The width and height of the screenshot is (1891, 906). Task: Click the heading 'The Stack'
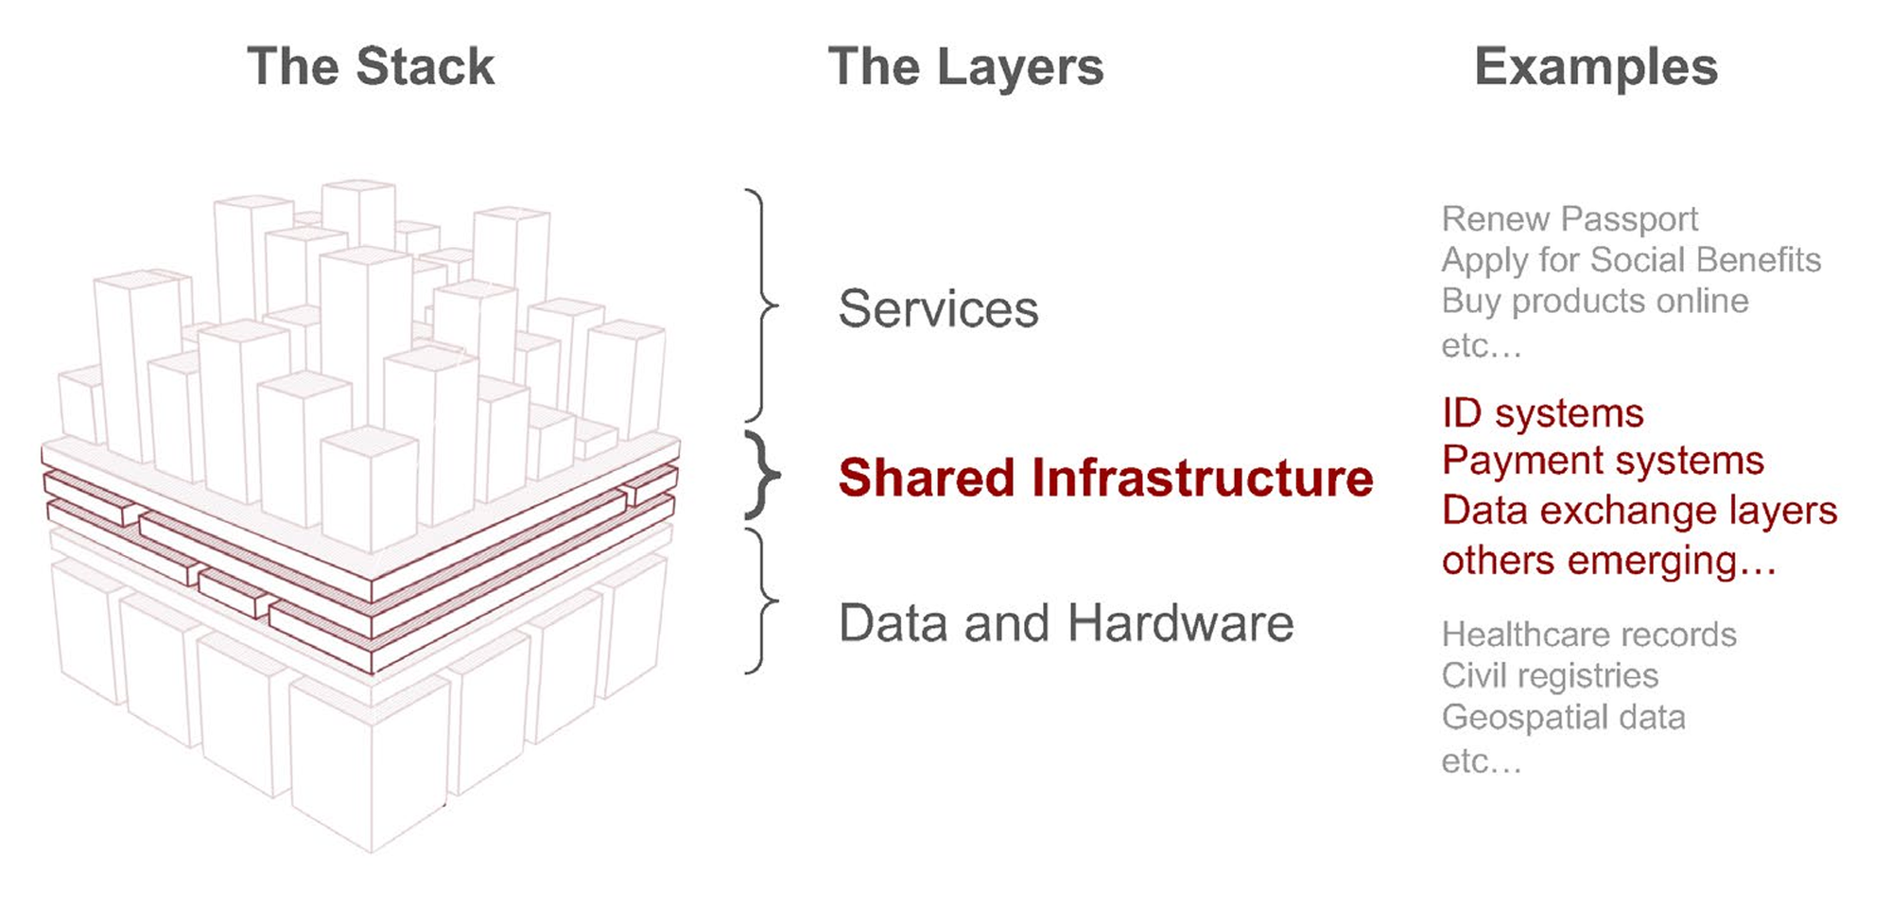[371, 67]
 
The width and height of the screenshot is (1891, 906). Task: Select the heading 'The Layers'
[965, 67]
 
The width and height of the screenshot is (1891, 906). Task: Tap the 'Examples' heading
[1596, 67]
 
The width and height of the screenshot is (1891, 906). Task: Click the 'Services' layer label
[938, 308]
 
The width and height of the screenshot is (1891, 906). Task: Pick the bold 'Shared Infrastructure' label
[1105, 478]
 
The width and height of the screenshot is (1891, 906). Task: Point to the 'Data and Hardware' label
[1066, 623]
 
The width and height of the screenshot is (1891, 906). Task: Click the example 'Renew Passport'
[1570, 219]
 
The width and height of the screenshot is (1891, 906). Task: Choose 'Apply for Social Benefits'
[1631, 260]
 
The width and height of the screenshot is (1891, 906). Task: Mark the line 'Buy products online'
[1595, 301]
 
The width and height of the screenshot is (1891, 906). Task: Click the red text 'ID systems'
[1542, 413]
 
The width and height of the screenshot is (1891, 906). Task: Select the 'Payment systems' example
[1603, 461]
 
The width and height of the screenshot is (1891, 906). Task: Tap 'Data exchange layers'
[1639, 511]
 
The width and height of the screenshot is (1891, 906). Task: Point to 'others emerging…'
[1608, 561]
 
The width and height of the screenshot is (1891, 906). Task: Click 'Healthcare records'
[1588, 635]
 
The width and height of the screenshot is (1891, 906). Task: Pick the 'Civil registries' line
[1550, 675]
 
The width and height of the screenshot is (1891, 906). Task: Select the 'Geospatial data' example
[1563, 717]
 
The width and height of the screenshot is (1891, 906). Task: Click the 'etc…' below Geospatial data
[1481, 760]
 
